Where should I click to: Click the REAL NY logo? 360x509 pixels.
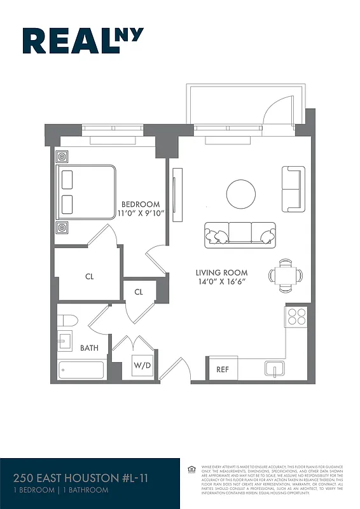[83, 41]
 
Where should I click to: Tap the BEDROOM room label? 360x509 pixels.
[141, 204]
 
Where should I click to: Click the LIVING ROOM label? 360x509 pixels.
[221, 272]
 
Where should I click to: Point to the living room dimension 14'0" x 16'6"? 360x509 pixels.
[221, 281]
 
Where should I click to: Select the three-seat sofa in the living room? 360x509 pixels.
[240, 235]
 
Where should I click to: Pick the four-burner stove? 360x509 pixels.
[297, 316]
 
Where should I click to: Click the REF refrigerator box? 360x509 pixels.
[222, 369]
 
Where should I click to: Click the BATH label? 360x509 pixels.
[89, 348]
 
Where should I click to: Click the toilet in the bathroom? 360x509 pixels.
[67, 320]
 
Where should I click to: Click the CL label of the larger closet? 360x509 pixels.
[90, 277]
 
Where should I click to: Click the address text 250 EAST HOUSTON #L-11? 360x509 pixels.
[81, 478]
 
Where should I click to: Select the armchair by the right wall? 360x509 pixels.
[293, 189]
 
